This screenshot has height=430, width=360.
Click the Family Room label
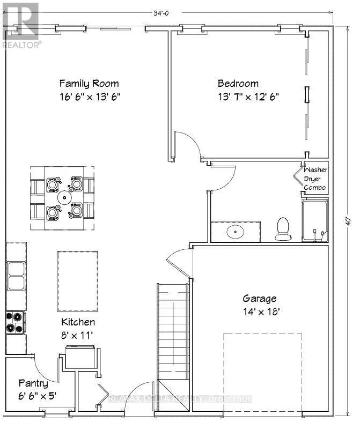(x=89, y=83)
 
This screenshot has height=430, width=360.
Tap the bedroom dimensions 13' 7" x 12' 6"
(x=248, y=97)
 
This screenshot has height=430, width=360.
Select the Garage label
(x=260, y=298)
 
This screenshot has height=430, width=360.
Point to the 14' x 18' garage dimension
(x=261, y=312)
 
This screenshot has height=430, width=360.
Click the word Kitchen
(x=78, y=322)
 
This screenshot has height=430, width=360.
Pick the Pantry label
(x=33, y=383)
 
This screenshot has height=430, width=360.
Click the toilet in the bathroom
(x=283, y=229)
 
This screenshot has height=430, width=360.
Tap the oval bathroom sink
(x=236, y=232)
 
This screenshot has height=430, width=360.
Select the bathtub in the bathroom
(x=315, y=221)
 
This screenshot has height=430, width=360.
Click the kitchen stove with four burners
(x=16, y=323)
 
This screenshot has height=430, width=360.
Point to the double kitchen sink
(x=16, y=276)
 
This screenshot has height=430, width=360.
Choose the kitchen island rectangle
(x=78, y=281)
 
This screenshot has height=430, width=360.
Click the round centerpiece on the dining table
(x=64, y=197)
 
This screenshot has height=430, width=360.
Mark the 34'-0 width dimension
(x=161, y=13)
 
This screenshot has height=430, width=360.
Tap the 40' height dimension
(x=348, y=221)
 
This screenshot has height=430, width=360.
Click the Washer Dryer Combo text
(x=315, y=179)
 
